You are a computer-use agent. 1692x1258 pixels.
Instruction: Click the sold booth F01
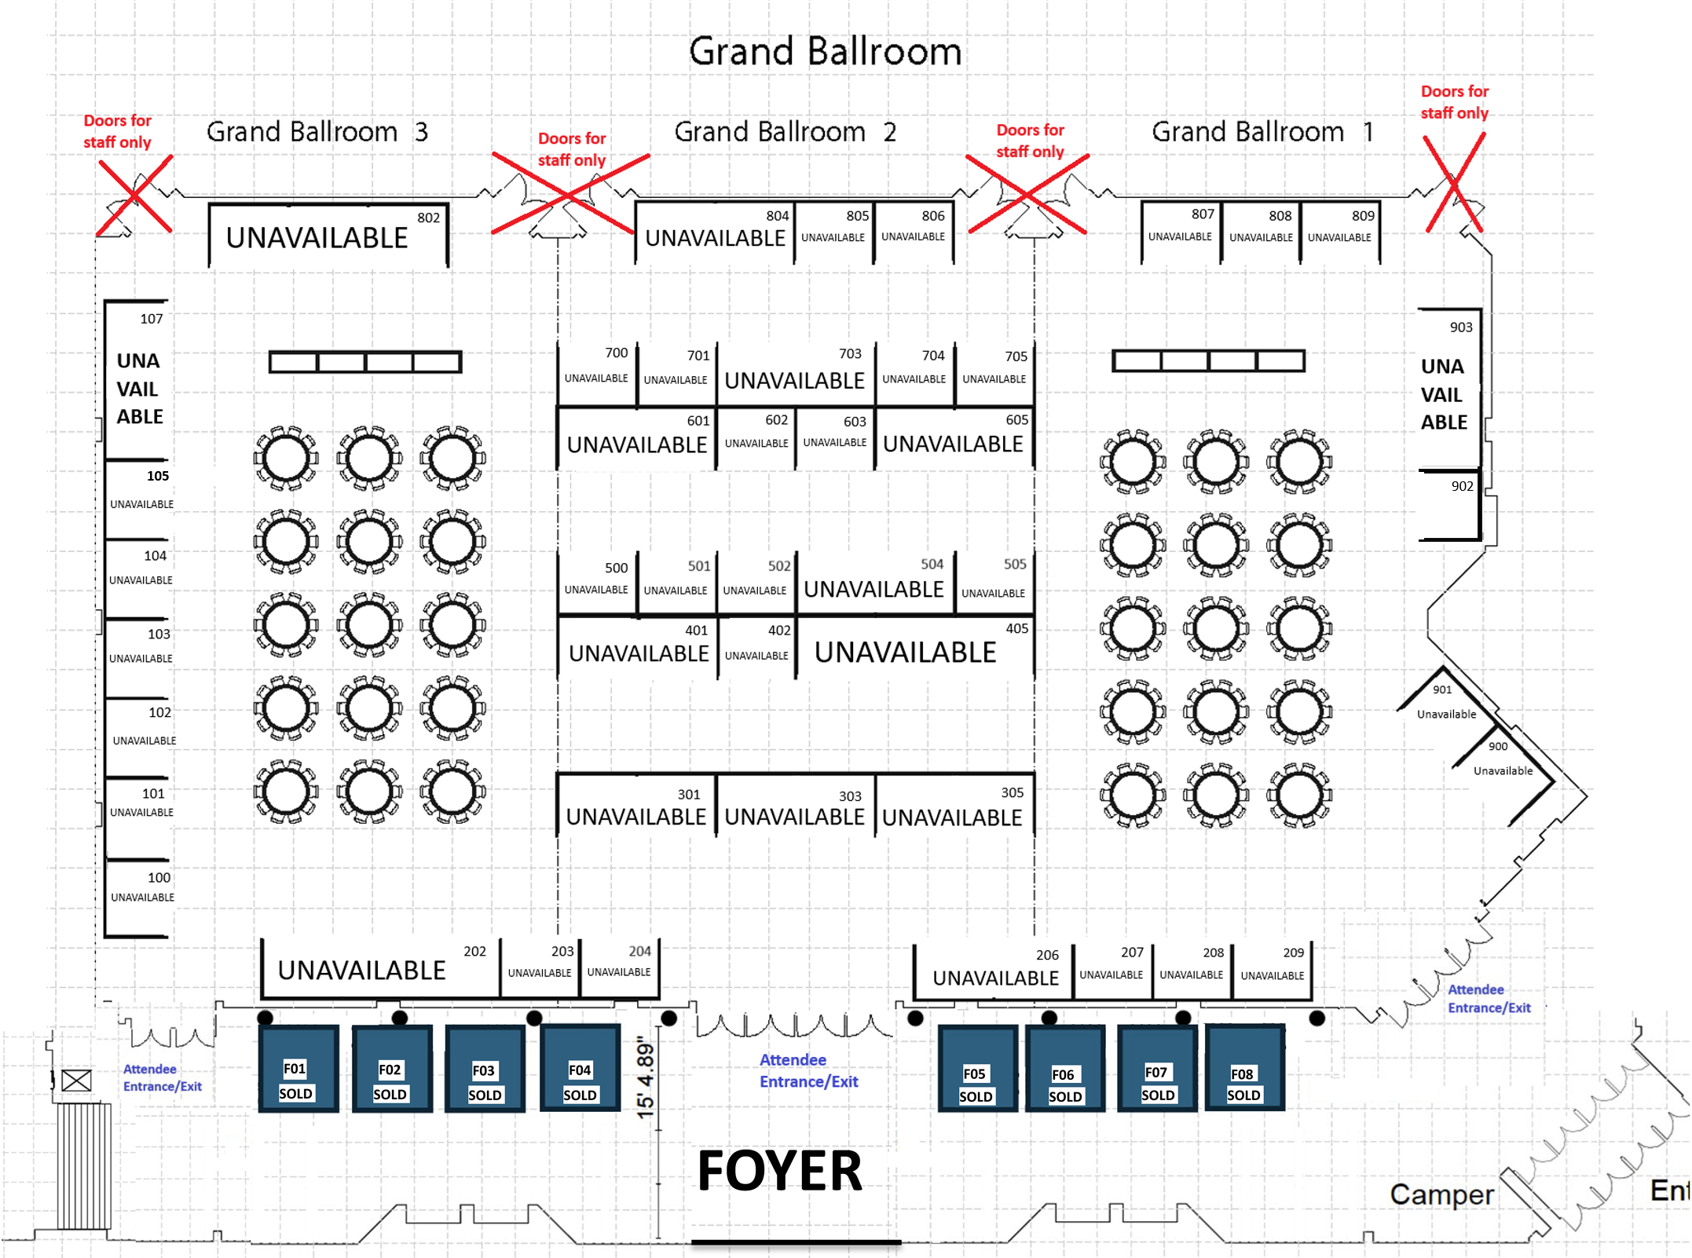pyautogui.click(x=298, y=1068)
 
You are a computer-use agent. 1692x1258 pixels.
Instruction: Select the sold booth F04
pyautogui.click(x=580, y=1068)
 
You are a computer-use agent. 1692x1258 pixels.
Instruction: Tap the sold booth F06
pyautogui.click(x=1064, y=1068)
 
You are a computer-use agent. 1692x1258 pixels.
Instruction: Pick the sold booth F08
pyautogui.click(x=1244, y=1068)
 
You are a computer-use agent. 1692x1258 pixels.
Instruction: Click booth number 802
pyautogui.click(x=428, y=218)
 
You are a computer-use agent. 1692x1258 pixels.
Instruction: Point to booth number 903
pyautogui.click(x=1461, y=327)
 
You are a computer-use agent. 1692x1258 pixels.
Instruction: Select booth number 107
pyautogui.click(x=152, y=319)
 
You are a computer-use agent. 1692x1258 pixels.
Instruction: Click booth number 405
pyautogui.click(x=1016, y=628)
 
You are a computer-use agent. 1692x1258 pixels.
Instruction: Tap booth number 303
pyautogui.click(x=850, y=796)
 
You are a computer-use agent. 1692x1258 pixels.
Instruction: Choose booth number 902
pyautogui.click(x=1462, y=486)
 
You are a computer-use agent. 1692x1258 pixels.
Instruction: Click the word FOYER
pyautogui.click(x=780, y=1171)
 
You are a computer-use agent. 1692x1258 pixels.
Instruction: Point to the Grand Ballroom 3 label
pyautogui.click(x=317, y=131)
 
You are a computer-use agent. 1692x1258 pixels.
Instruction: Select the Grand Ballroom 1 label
pyautogui.click(x=1263, y=131)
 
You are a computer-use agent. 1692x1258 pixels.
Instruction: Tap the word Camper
pyautogui.click(x=1441, y=1194)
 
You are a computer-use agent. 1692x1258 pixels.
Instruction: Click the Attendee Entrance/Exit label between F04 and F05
pyautogui.click(x=808, y=1070)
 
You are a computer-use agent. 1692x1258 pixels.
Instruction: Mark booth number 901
pyautogui.click(x=1442, y=689)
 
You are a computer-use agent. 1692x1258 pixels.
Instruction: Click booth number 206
pyautogui.click(x=1047, y=955)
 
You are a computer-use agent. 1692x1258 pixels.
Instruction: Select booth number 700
pyautogui.click(x=616, y=353)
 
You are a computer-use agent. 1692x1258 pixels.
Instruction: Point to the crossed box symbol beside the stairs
pyautogui.click(x=76, y=1081)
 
